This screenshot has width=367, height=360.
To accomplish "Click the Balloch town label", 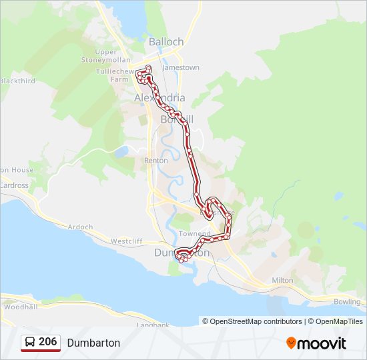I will coord(166,41).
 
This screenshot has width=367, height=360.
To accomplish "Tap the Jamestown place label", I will coord(180,67).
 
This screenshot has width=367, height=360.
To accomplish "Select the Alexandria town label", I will coord(159,98).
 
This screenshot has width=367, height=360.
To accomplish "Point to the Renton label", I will coord(156,161).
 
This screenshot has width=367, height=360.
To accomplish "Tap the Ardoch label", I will coord(80,227).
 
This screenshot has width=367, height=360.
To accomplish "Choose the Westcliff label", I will coord(127,241).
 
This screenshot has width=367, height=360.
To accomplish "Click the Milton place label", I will coord(282,281).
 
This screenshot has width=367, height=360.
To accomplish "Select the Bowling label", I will coord(347,302).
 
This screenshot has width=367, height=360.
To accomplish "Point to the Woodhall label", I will coord(20,307).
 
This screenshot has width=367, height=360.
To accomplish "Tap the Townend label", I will coord(194,234).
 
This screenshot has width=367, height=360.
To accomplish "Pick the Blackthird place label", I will coord(17,81).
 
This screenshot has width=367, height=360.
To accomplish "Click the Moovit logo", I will coord(316,343).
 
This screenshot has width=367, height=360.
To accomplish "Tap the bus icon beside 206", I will coord(30,342).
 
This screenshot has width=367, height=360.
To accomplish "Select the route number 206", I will coord(47,342).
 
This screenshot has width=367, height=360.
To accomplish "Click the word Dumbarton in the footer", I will coord(93,343).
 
